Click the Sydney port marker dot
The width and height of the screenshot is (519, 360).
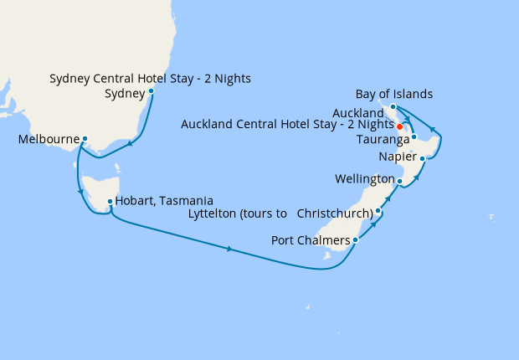point(151,91)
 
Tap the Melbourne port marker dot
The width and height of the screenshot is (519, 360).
point(85,139)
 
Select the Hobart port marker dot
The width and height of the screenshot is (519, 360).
point(110,201)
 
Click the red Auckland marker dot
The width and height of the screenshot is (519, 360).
point(399,126)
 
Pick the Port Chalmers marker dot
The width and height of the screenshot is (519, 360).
point(356,240)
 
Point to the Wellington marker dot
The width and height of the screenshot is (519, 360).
point(399,181)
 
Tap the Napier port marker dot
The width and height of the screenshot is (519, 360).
point(423,157)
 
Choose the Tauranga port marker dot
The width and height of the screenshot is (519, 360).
point(414,136)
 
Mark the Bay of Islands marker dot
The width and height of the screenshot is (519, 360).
point(393,107)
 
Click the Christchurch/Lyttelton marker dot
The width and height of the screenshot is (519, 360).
point(378,211)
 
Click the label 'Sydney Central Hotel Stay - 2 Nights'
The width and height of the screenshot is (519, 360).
point(150,79)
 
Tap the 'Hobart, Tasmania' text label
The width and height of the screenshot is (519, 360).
point(164,201)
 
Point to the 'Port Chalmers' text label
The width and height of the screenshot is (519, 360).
point(311,241)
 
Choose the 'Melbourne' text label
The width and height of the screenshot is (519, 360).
point(49,139)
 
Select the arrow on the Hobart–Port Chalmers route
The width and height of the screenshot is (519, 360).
point(229,249)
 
